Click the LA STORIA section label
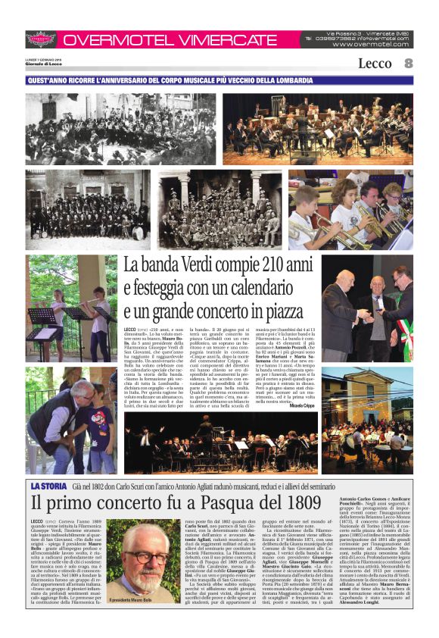coord(49,485)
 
